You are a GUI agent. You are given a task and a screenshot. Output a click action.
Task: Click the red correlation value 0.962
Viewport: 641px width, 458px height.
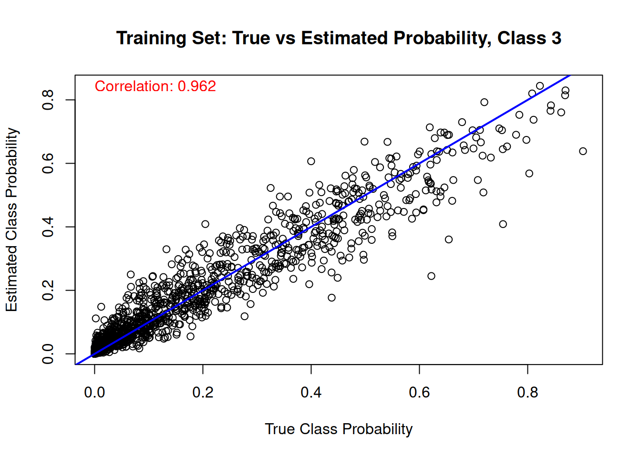pos(196,86)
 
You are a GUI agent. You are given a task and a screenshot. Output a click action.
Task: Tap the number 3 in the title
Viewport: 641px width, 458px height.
pos(556,38)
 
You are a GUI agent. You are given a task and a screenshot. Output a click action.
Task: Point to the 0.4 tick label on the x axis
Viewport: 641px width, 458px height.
pos(311,392)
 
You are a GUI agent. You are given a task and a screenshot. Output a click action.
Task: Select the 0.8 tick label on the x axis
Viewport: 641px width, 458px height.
pos(527,392)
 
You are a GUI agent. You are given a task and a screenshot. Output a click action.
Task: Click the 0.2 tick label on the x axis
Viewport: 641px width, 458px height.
pos(203,392)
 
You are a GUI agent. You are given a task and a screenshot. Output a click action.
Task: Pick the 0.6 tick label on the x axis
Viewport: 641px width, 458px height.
pos(419,392)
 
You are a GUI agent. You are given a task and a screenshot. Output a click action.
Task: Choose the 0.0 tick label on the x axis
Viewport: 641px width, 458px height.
pos(94,392)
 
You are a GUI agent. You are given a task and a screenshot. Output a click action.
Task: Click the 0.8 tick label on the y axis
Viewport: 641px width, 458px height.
pos(48,100)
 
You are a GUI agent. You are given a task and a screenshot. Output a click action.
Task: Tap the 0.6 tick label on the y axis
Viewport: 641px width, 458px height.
pos(48,163)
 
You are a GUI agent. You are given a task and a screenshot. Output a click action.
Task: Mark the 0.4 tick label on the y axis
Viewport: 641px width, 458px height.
pos(48,227)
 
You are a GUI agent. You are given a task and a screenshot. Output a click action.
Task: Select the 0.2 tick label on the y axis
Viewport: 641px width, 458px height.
pos(48,290)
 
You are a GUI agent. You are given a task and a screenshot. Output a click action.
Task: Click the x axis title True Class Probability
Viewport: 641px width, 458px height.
pos(339,429)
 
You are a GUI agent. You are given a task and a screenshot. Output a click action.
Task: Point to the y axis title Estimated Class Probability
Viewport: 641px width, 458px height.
pos(12,219)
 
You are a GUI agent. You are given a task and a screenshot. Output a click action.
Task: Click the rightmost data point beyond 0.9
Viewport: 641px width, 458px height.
pos(583,151)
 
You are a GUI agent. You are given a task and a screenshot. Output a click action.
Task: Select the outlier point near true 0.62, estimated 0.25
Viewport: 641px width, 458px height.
pos(431,276)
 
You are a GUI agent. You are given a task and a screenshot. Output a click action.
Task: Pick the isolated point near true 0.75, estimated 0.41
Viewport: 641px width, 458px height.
pos(503,224)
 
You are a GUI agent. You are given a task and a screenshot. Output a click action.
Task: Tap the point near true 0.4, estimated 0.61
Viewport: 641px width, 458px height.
pos(311,161)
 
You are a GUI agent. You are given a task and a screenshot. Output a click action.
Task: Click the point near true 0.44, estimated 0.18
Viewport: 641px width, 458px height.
pos(331,298)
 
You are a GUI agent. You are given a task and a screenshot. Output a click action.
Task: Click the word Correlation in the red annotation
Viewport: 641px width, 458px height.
pos(134,86)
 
